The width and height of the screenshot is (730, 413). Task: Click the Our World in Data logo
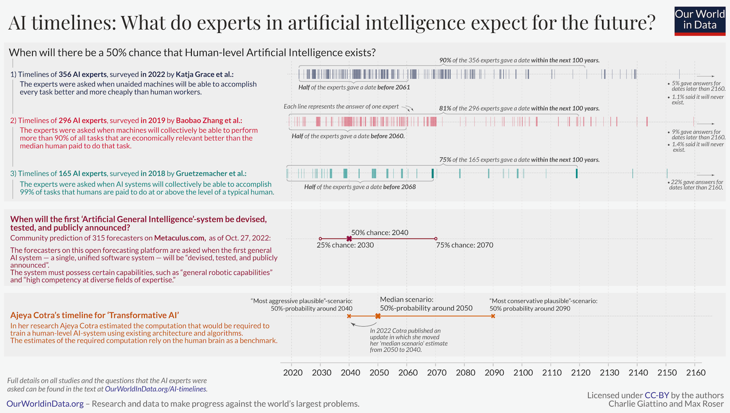700,21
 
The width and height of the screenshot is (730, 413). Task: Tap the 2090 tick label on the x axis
494,372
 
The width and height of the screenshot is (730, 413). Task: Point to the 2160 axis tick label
696,372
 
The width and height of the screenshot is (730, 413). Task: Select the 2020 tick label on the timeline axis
292,372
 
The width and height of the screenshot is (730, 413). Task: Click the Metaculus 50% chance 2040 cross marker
349,239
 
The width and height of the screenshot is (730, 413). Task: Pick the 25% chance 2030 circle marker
320,239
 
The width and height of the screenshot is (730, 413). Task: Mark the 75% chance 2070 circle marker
436,239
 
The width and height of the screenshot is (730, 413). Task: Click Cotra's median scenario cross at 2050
378,316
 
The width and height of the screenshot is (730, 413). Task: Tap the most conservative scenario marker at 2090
493,316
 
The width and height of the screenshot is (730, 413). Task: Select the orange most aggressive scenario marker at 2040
349,316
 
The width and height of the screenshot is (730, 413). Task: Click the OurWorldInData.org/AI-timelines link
156,389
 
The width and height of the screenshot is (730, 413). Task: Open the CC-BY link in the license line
657,395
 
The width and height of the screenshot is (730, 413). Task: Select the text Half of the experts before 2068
360,187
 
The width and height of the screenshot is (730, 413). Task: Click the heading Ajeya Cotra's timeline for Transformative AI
94,315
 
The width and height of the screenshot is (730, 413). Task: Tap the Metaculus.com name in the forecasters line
179,238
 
